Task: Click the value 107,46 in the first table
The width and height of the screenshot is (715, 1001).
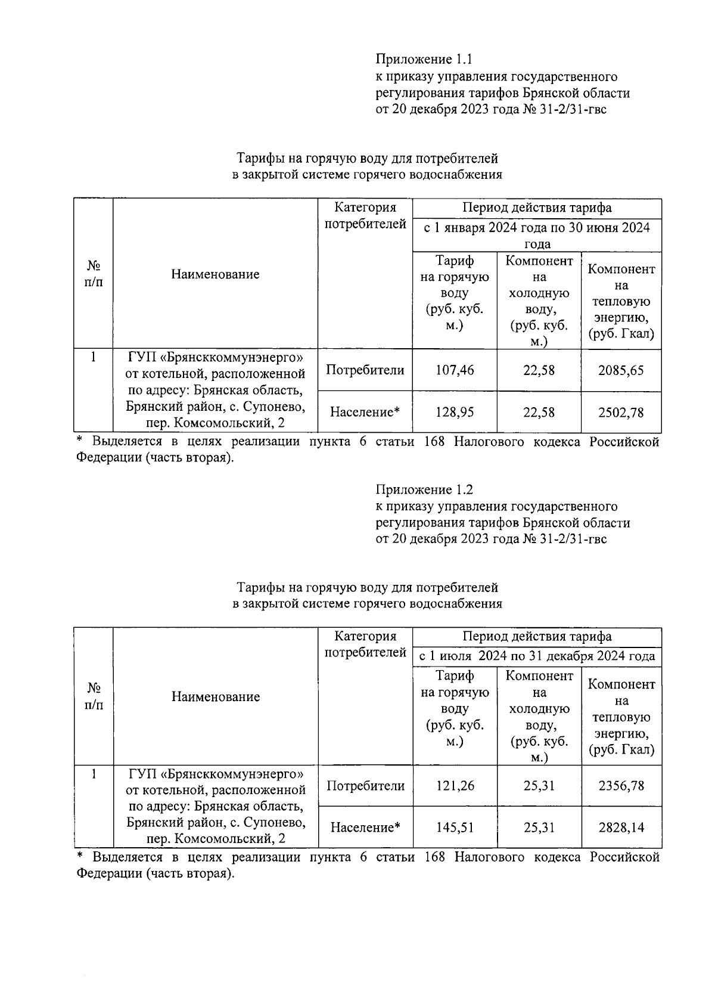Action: click(455, 370)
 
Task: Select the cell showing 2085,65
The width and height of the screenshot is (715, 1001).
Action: click(621, 370)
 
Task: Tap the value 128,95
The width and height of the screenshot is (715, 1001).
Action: click(455, 412)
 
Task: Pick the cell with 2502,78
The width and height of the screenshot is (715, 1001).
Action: click(621, 412)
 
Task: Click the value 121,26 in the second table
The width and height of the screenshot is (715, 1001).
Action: click(455, 786)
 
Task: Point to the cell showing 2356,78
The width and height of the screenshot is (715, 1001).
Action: click(621, 786)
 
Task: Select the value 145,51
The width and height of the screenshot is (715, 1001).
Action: click(455, 828)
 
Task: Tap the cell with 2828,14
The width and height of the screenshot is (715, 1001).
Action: click(621, 828)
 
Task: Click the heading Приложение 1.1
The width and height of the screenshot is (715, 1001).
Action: click(423, 60)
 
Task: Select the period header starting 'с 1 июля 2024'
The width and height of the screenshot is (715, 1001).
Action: click(537, 656)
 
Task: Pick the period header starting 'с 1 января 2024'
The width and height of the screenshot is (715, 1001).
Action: click(537, 235)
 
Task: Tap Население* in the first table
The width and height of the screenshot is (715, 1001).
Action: click(365, 412)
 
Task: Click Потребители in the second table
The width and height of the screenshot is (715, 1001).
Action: click(365, 786)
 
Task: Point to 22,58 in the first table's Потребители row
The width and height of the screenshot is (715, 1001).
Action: click(539, 370)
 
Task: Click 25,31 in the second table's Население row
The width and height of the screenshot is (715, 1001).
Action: click(539, 828)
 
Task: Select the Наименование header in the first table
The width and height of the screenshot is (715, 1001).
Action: click(215, 274)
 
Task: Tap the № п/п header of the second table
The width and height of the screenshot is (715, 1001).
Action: click(94, 696)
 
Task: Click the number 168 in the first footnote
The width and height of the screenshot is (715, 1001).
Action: click(437, 442)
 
